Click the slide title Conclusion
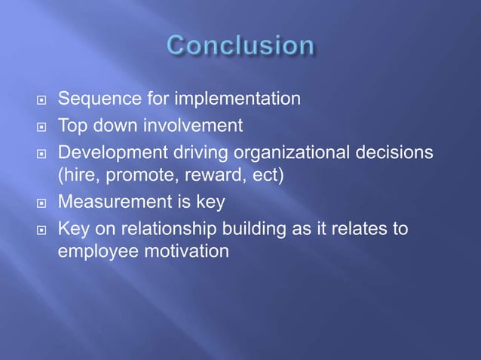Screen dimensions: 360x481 click(x=240, y=46)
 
